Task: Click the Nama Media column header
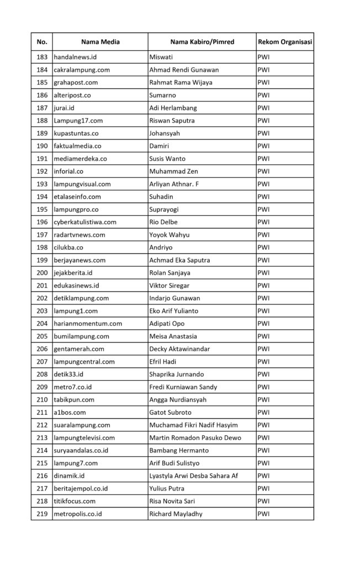[100, 42]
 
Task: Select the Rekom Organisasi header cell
[284, 42]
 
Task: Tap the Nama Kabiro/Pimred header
[202, 42]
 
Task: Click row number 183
[42, 57]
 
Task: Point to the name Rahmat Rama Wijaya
[181, 82]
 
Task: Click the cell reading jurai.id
[65, 108]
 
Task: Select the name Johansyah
[165, 133]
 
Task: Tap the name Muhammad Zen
[173, 171]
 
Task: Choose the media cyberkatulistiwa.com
[85, 222]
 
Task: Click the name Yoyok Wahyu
[170, 234]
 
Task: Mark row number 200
[42, 273]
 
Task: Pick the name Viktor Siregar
[171, 285]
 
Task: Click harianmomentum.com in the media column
[88, 323]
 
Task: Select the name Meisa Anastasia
[176, 336]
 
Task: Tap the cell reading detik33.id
[68, 374]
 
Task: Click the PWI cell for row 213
[263, 438]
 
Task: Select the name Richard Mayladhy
[176, 514]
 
